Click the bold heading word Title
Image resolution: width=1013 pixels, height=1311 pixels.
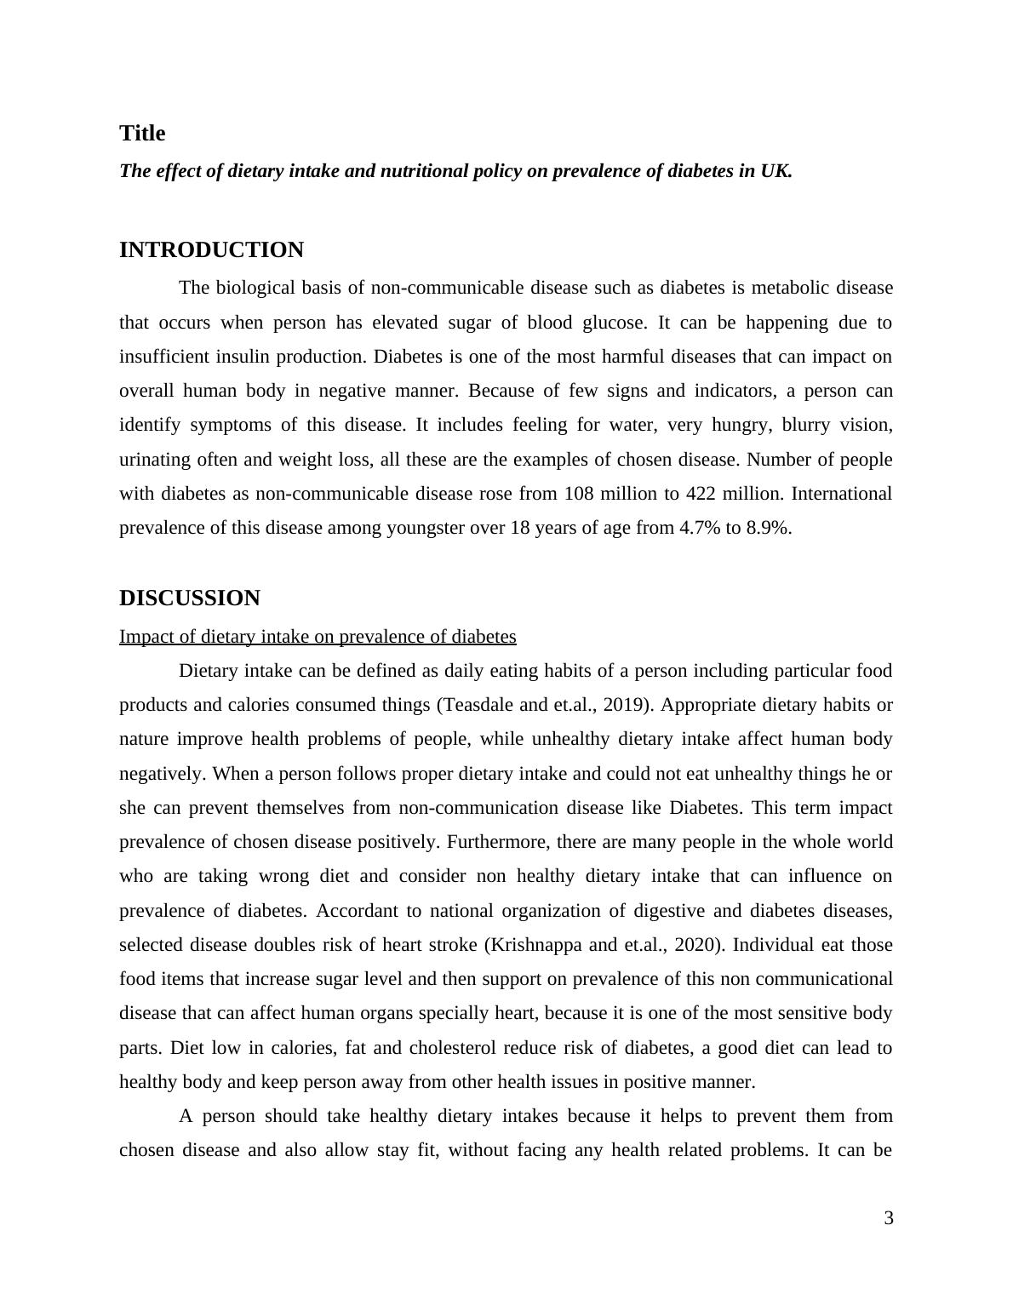click(x=142, y=134)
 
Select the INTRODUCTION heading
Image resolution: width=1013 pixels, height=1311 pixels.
click(x=211, y=250)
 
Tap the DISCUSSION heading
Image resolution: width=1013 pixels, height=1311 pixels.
click(x=189, y=598)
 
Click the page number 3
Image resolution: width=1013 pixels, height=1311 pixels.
click(x=889, y=1219)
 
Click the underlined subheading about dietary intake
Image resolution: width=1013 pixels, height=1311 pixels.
click(x=318, y=637)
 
